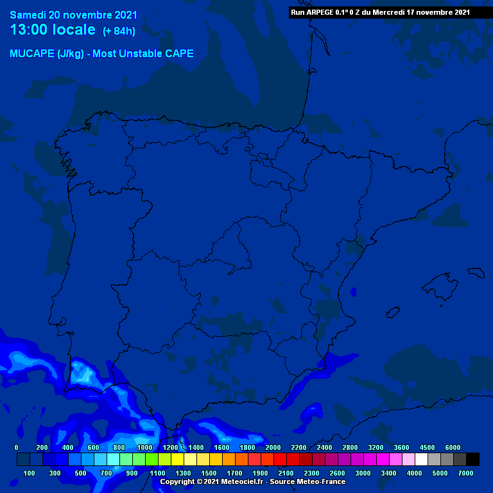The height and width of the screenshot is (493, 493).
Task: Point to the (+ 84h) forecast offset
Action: pyautogui.click(x=119, y=31)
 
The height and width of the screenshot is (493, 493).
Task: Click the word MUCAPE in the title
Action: pyautogui.click(x=30, y=54)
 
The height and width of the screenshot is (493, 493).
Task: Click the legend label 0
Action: pyautogui.click(x=17, y=447)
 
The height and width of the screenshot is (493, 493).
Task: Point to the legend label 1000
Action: pyautogui.click(x=145, y=447)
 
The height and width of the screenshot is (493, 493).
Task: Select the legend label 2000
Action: pyautogui.click(x=273, y=447)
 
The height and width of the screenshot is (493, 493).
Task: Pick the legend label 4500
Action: pyautogui.click(x=428, y=447)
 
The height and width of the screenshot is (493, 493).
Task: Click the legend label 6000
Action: pyautogui.click(x=453, y=447)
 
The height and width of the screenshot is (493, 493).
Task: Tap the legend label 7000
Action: pyautogui.click(x=466, y=473)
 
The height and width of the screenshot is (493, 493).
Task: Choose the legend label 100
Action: pyautogui.click(x=30, y=473)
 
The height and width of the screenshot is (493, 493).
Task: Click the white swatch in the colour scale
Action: pyautogui.click(x=422, y=459)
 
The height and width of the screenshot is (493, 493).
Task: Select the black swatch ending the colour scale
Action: pyautogui.click(x=473, y=459)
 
